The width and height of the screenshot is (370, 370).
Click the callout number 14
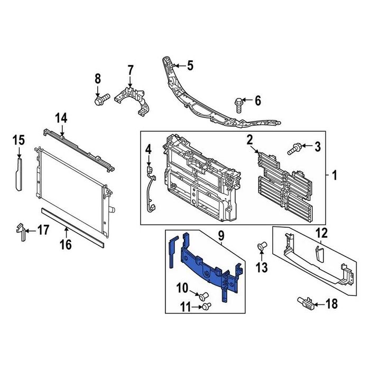click(x=61, y=118)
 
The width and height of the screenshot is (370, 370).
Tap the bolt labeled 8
click(x=102, y=99)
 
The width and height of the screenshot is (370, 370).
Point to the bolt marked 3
click(x=293, y=149)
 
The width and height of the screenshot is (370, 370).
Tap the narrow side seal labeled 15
click(x=18, y=174)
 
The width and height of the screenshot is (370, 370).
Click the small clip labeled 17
click(x=21, y=232)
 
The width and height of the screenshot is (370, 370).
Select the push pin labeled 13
click(x=262, y=246)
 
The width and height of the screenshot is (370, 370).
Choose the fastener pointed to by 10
click(x=203, y=296)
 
